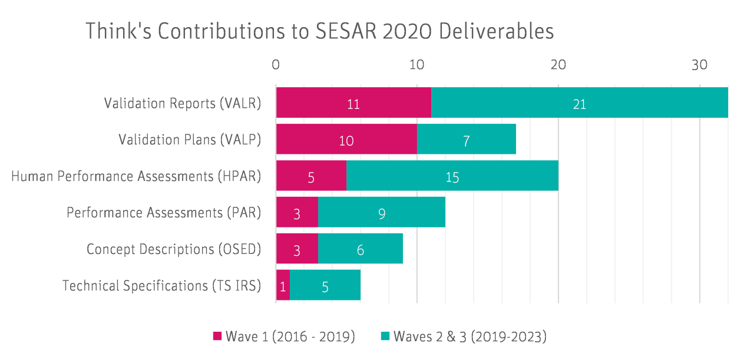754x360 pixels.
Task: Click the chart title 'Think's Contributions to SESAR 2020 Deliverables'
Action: pyautogui.click(x=319, y=31)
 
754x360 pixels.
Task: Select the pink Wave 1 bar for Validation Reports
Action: pyautogui.click(x=353, y=103)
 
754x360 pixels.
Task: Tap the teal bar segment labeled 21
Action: pyautogui.click(x=580, y=103)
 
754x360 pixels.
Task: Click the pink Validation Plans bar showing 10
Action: pyautogui.click(x=346, y=139)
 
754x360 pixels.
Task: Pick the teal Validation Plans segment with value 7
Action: pyautogui.click(x=466, y=139)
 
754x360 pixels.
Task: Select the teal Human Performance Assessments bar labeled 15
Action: pyautogui.click(x=452, y=176)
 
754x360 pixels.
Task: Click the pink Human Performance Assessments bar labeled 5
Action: pyautogui.click(x=311, y=176)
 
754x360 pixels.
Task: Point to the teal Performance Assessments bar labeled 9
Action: pyautogui.click(x=382, y=212)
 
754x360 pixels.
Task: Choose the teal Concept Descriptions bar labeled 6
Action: pyautogui.click(x=361, y=249)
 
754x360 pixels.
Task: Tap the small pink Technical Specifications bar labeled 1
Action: pyautogui.click(x=283, y=286)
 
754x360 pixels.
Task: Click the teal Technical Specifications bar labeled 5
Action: pyautogui.click(x=325, y=286)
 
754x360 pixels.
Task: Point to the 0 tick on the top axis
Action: pyautogui.click(x=276, y=65)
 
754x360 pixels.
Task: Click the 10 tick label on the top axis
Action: pyautogui.click(x=416, y=65)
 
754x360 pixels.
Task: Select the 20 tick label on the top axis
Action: pyautogui.click(x=558, y=65)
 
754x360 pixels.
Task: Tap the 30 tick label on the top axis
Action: pyautogui.click(x=699, y=65)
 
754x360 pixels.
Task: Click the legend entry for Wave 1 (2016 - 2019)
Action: pyautogui.click(x=284, y=336)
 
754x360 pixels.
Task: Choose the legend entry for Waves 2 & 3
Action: pyautogui.click(x=464, y=336)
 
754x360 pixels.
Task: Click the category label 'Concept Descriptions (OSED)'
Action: pyautogui.click(x=174, y=249)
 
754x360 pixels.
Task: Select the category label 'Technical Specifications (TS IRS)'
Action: pyautogui.click(x=161, y=286)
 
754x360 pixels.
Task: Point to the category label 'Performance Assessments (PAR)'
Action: pyautogui.click(x=164, y=213)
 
